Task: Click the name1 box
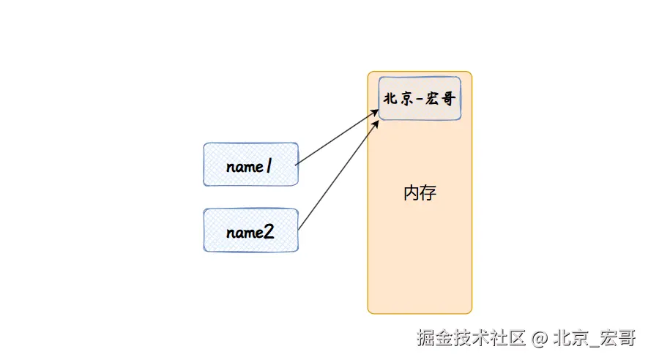(250, 164)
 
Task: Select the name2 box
(250, 230)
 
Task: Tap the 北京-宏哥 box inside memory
(420, 97)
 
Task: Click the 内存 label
(420, 193)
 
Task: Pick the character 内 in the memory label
(411, 193)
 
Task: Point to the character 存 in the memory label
(428, 193)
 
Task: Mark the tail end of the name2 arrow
(299, 231)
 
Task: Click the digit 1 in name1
(268, 167)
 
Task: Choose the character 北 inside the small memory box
(390, 98)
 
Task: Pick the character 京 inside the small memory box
(405, 98)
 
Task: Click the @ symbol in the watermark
(540, 338)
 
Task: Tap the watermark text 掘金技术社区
(472, 338)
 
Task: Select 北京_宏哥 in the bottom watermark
(594, 338)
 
